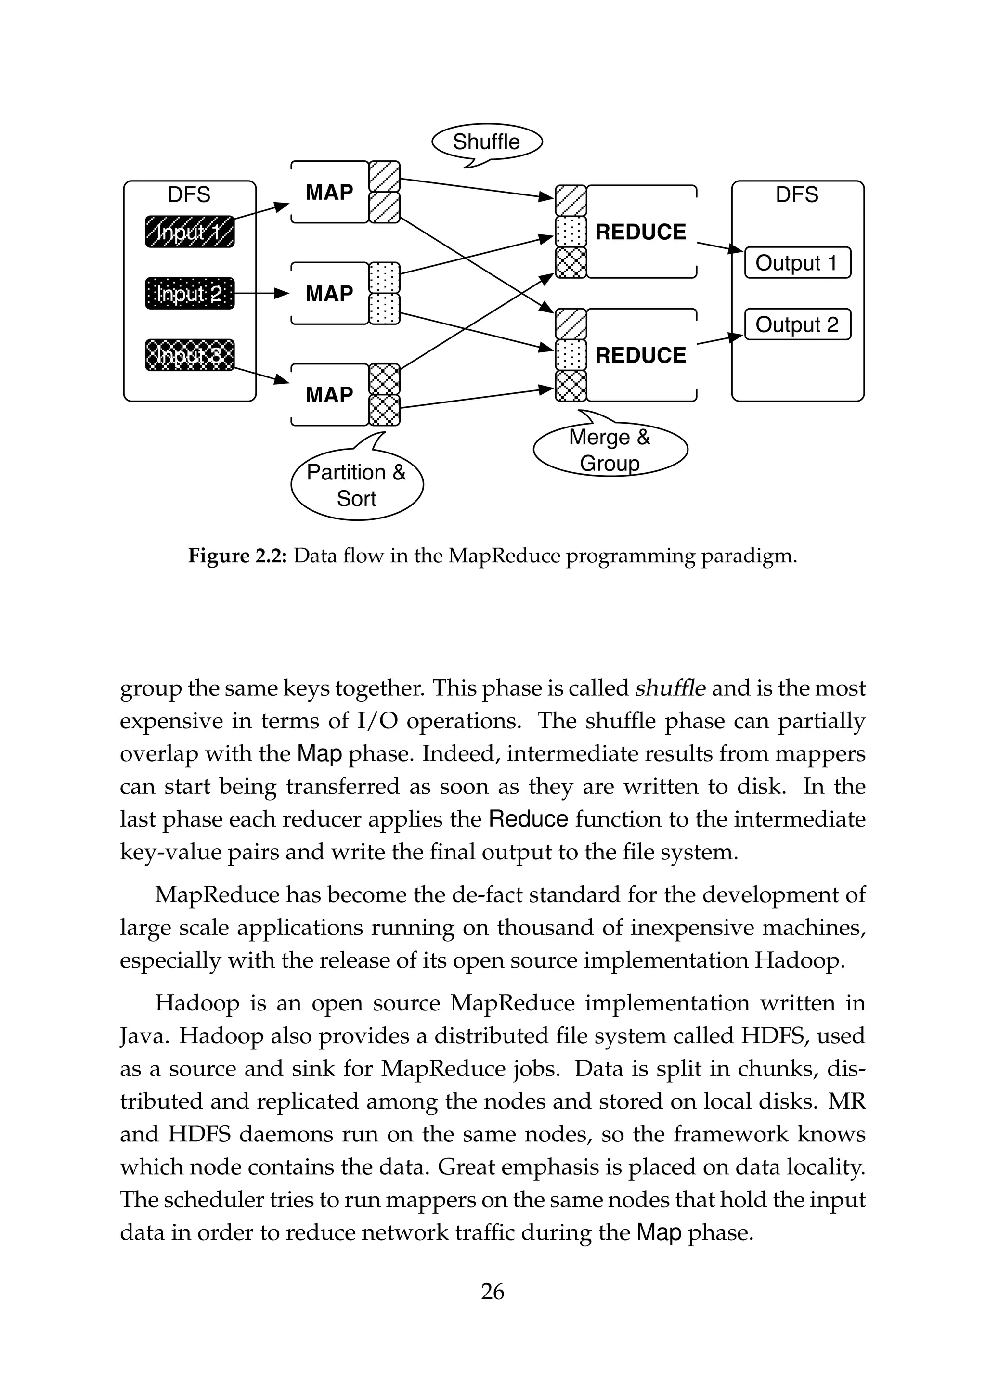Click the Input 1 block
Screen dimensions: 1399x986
190,232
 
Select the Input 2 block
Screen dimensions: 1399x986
190,294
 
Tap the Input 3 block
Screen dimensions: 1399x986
190,355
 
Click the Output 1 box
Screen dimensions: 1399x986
797,263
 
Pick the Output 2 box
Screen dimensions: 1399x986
797,324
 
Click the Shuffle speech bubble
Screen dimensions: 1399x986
486,142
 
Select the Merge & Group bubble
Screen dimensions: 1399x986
610,450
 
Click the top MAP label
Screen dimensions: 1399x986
329,193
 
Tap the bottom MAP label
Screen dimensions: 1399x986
329,395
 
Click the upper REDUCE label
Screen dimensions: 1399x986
640,232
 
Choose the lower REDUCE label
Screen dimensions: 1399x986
640,355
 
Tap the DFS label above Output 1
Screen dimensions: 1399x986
797,195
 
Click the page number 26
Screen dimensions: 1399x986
493,1292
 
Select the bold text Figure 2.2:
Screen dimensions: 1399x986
238,556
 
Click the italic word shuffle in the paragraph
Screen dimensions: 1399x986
670,688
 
